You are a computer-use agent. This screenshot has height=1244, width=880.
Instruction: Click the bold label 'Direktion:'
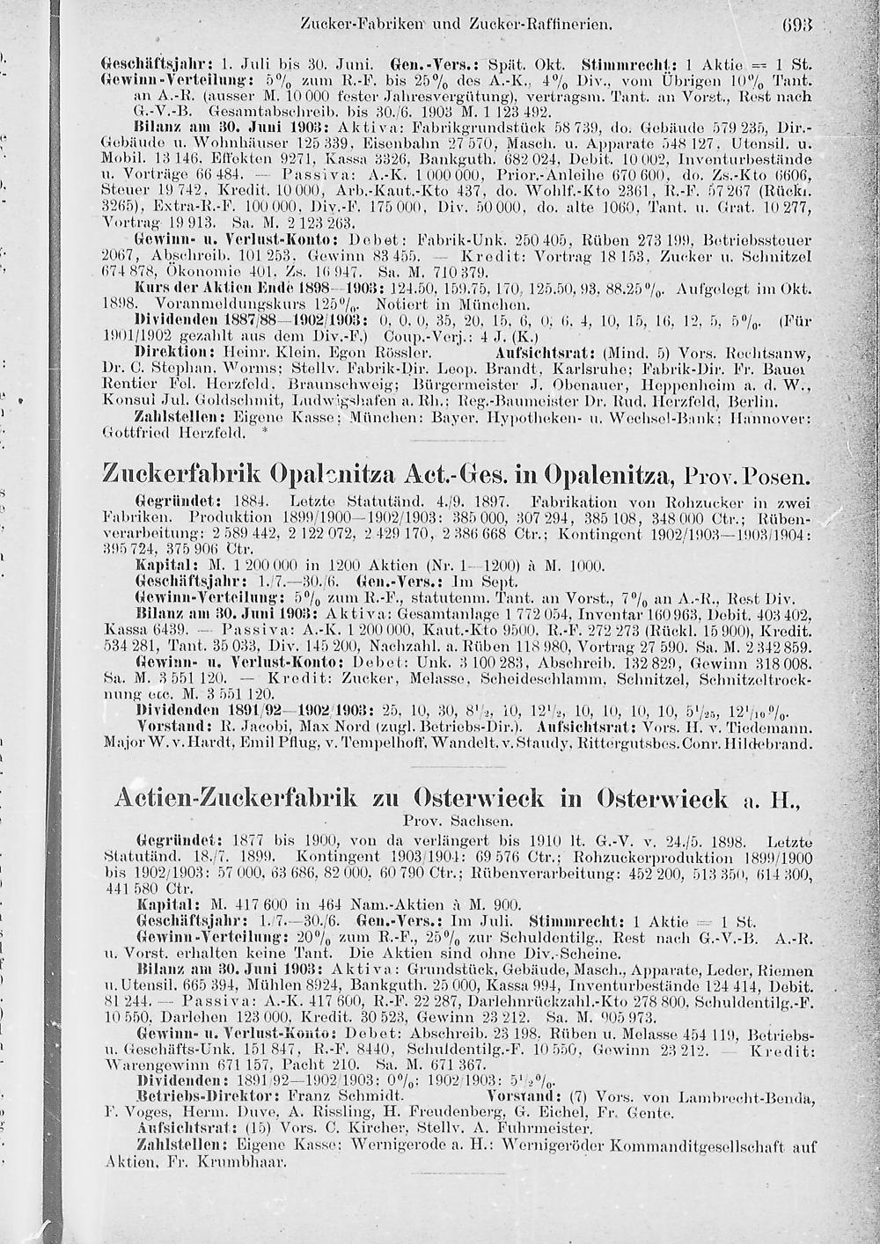click(165, 350)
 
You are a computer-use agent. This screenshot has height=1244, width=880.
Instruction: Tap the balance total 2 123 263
click(215, 223)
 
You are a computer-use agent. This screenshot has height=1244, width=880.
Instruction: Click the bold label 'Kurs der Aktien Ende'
click(209, 287)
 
